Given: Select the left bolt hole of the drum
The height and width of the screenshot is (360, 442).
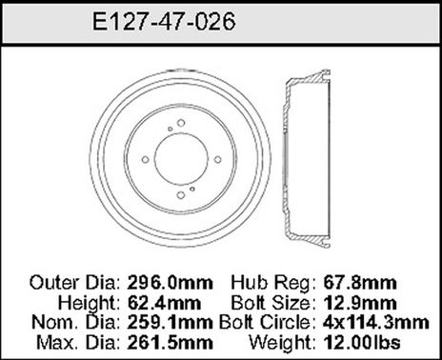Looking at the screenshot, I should [145, 160].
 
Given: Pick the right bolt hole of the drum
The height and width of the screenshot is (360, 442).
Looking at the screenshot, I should [217, 160].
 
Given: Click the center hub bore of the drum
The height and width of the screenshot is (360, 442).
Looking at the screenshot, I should [181, 160].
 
